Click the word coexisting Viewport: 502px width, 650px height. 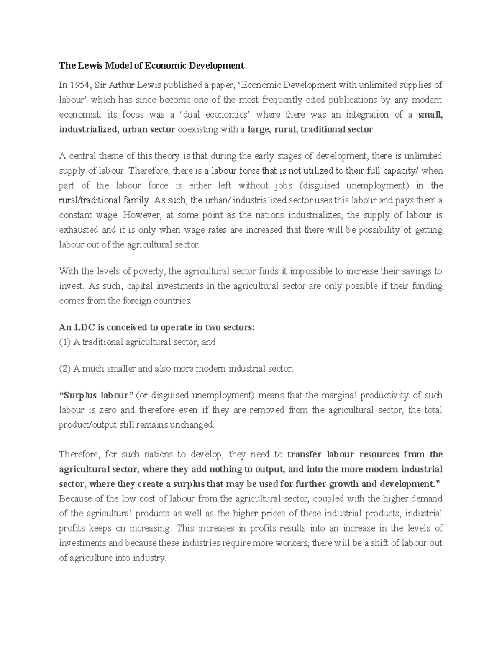click(x=198, y=130)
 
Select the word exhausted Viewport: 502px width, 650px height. click(x=79, y=230)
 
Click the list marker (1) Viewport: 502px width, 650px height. click(x=65, y=342)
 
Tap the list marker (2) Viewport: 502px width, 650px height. click(x=65, y=369)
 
